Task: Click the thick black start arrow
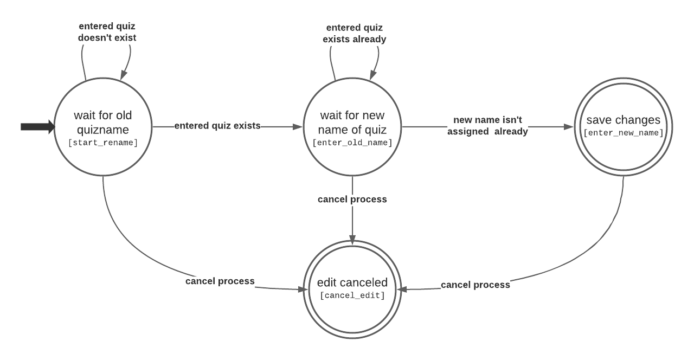point(38,127)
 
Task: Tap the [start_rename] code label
point(103,143)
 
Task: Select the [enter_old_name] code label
point(352,143)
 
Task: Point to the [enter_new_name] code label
point(624,133)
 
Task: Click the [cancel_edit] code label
point(352,295)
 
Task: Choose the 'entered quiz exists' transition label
point(217,125)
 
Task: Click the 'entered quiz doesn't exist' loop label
point(107,32)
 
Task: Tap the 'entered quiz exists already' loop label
point(355,34)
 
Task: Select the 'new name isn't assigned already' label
point(487,125)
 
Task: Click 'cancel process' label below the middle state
point(352,199)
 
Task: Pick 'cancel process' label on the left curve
point(220,281)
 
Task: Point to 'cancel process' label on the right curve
point(475,285)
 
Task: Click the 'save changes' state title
point(624,120)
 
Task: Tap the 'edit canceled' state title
point(352,282)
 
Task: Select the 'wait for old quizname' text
point(103,123)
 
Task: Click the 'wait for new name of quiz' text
point(352,123)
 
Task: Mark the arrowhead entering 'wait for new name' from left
point(297,127)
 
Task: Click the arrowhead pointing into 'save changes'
point(569,127)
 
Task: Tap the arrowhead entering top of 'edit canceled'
point(352,240)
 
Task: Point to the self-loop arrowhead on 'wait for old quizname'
point(123,75)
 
